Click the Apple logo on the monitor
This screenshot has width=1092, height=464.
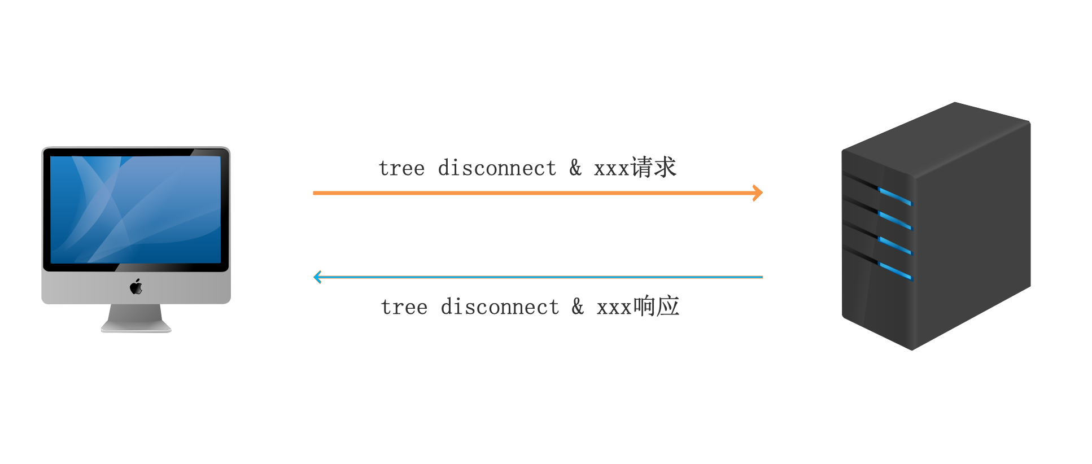[136, 287]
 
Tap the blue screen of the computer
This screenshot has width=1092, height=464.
[136, 209]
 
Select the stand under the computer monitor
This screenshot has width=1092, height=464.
[136, 318]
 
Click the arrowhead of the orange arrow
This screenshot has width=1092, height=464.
[758, 193]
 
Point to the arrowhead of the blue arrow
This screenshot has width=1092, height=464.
[318, 277]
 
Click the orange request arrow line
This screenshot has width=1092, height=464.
[538, 193]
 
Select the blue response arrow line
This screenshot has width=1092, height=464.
[538, 277]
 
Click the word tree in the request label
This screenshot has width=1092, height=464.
[401, 168]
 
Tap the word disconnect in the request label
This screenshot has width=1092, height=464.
[497, 168]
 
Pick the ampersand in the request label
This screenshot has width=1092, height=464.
[575, 168]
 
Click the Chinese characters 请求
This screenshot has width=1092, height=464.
[653, 167]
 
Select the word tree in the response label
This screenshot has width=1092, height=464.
[404, 307]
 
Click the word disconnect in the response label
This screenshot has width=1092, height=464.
[500, 307]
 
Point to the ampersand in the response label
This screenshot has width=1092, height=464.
[578, 307]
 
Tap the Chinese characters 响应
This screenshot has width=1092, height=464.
[656, 306]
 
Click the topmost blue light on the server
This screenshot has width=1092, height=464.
[895, 196]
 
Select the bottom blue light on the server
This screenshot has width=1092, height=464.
[896, 272]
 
